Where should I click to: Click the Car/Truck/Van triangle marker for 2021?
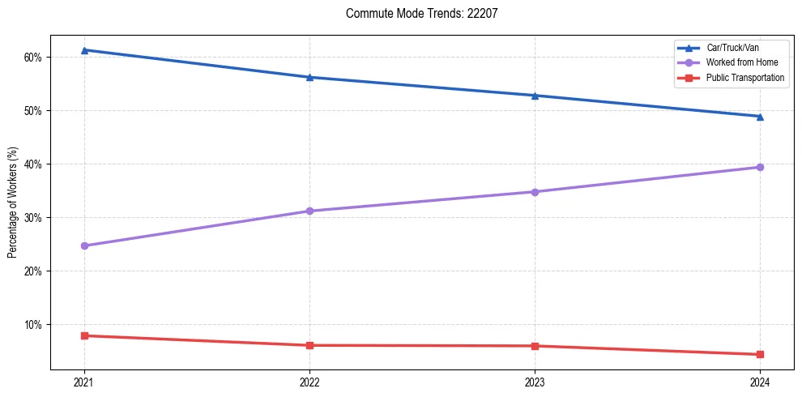[x=84, y=50]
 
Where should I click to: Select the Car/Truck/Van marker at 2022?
[x=309, y=77]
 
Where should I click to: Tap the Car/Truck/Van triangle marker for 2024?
[x=760, y=117]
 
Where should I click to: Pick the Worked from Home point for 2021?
[x=84, y=245]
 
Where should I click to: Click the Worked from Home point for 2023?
[x=535, y=192]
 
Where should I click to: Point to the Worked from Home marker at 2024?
[x=760, y=167]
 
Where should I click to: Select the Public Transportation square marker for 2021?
[x=84, y=335]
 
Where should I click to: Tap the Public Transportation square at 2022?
[x=309, y=345]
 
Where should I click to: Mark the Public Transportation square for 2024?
[x=760, y=354]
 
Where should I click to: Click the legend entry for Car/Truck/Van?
[x=732, y=48]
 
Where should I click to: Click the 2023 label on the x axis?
[x=535, y=382]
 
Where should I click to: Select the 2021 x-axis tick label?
[x=84, y=382]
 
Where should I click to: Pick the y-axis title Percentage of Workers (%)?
[x=13, y=203]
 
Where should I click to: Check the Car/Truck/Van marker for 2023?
[x=535, y=96]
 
